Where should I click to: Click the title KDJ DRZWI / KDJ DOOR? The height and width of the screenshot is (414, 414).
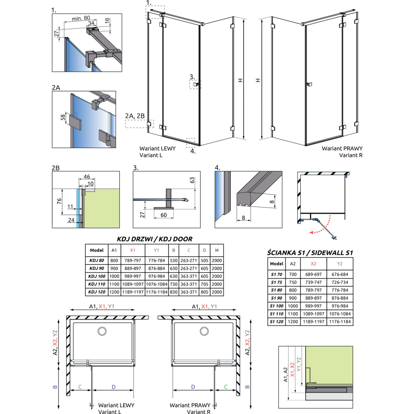tap(154, 239)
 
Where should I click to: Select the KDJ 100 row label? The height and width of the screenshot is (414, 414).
tap(97, 276)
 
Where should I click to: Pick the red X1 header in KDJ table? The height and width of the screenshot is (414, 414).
tap(132, 250)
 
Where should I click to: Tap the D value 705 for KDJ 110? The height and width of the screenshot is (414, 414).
tap(204, 284)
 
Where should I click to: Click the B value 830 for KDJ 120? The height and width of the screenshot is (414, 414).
tap(174, 292)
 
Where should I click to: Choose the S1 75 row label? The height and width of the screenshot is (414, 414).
tap(276, 282)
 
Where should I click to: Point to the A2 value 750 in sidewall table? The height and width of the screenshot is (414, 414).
tap(293, 282)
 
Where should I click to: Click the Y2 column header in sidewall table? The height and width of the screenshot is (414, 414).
tap(340, 263)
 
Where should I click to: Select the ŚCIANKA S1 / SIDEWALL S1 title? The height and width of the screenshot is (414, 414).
tap(310, 253)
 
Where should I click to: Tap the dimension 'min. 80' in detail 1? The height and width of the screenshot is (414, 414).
tap(81, 18)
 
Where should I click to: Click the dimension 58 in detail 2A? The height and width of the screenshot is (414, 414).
tap(63, 117)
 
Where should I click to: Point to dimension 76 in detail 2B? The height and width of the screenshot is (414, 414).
tap(59, 201)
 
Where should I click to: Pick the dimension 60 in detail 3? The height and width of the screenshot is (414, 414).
tap(164, 215)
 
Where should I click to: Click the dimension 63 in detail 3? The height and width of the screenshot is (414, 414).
tap(192, 180)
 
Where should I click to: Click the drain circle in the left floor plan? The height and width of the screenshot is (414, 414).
tap(102, 331)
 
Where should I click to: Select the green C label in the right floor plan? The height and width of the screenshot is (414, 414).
tap(226, 386)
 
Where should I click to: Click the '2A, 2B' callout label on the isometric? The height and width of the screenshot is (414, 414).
tap(135, 116)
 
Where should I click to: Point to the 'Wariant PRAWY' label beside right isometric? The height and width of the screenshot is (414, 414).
tap(342, 148)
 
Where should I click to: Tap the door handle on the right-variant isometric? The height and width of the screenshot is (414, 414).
tap(309, 84)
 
